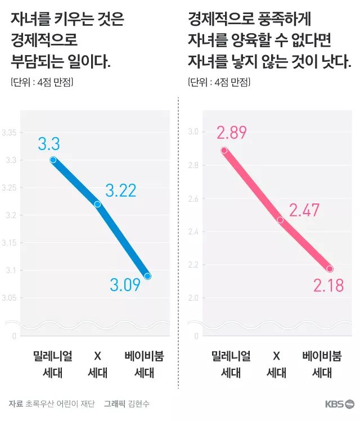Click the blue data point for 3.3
pos(53,160)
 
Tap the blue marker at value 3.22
pos(97,204)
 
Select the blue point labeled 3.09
pos(148,276)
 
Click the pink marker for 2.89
pos(224,150)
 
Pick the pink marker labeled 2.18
pos(330,269)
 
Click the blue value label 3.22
pos(120,191)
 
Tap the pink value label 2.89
pos(232,133)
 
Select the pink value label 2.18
pos(328,286)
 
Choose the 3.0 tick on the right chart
pos(193,132)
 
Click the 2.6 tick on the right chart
pos(193,198)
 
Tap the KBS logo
pos(339,404)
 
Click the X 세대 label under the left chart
pos(97,364)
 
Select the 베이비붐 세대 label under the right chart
pos(322,364)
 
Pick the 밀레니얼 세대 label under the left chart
pos(53,364)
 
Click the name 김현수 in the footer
pos(138,404)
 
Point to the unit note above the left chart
pos(42,82)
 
